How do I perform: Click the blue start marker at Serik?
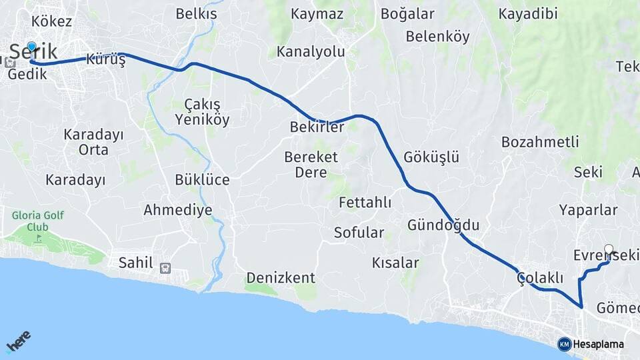tap(31, 47)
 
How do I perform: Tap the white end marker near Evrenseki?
tap(608, 249)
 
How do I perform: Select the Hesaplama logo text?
tap(598, 345)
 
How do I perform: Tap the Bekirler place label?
tap(317, 127)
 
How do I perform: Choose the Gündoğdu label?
tap(443, 225)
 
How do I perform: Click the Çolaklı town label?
tap(540, 278)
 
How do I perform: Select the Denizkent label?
tap(281, 277)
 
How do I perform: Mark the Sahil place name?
tap(135, 262)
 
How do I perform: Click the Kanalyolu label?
tap(311, 51)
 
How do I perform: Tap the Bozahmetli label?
tap(540, 142)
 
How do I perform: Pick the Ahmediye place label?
tap(178, 210)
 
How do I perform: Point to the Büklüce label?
tap(202, 179)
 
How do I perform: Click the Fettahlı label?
tap(365, 202)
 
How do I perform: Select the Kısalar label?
tap(396, 263)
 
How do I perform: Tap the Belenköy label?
tap(437, 37)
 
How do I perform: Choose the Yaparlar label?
tap(588, 210)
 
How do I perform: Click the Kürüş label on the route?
tap(105, 60)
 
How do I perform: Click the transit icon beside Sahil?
tap(165, 268)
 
